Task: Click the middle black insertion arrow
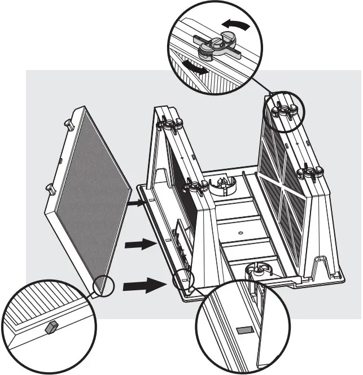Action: pyautogui.click(x=139, y=244)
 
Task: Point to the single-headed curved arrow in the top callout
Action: pyautogui.click(x=235, y=24)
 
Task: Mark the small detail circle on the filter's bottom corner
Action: pyautogui.click(x=103, y=286)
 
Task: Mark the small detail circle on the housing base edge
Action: pyautogui.click(x=183, y=278)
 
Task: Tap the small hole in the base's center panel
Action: pyautogui.click(x=239, y=232)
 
